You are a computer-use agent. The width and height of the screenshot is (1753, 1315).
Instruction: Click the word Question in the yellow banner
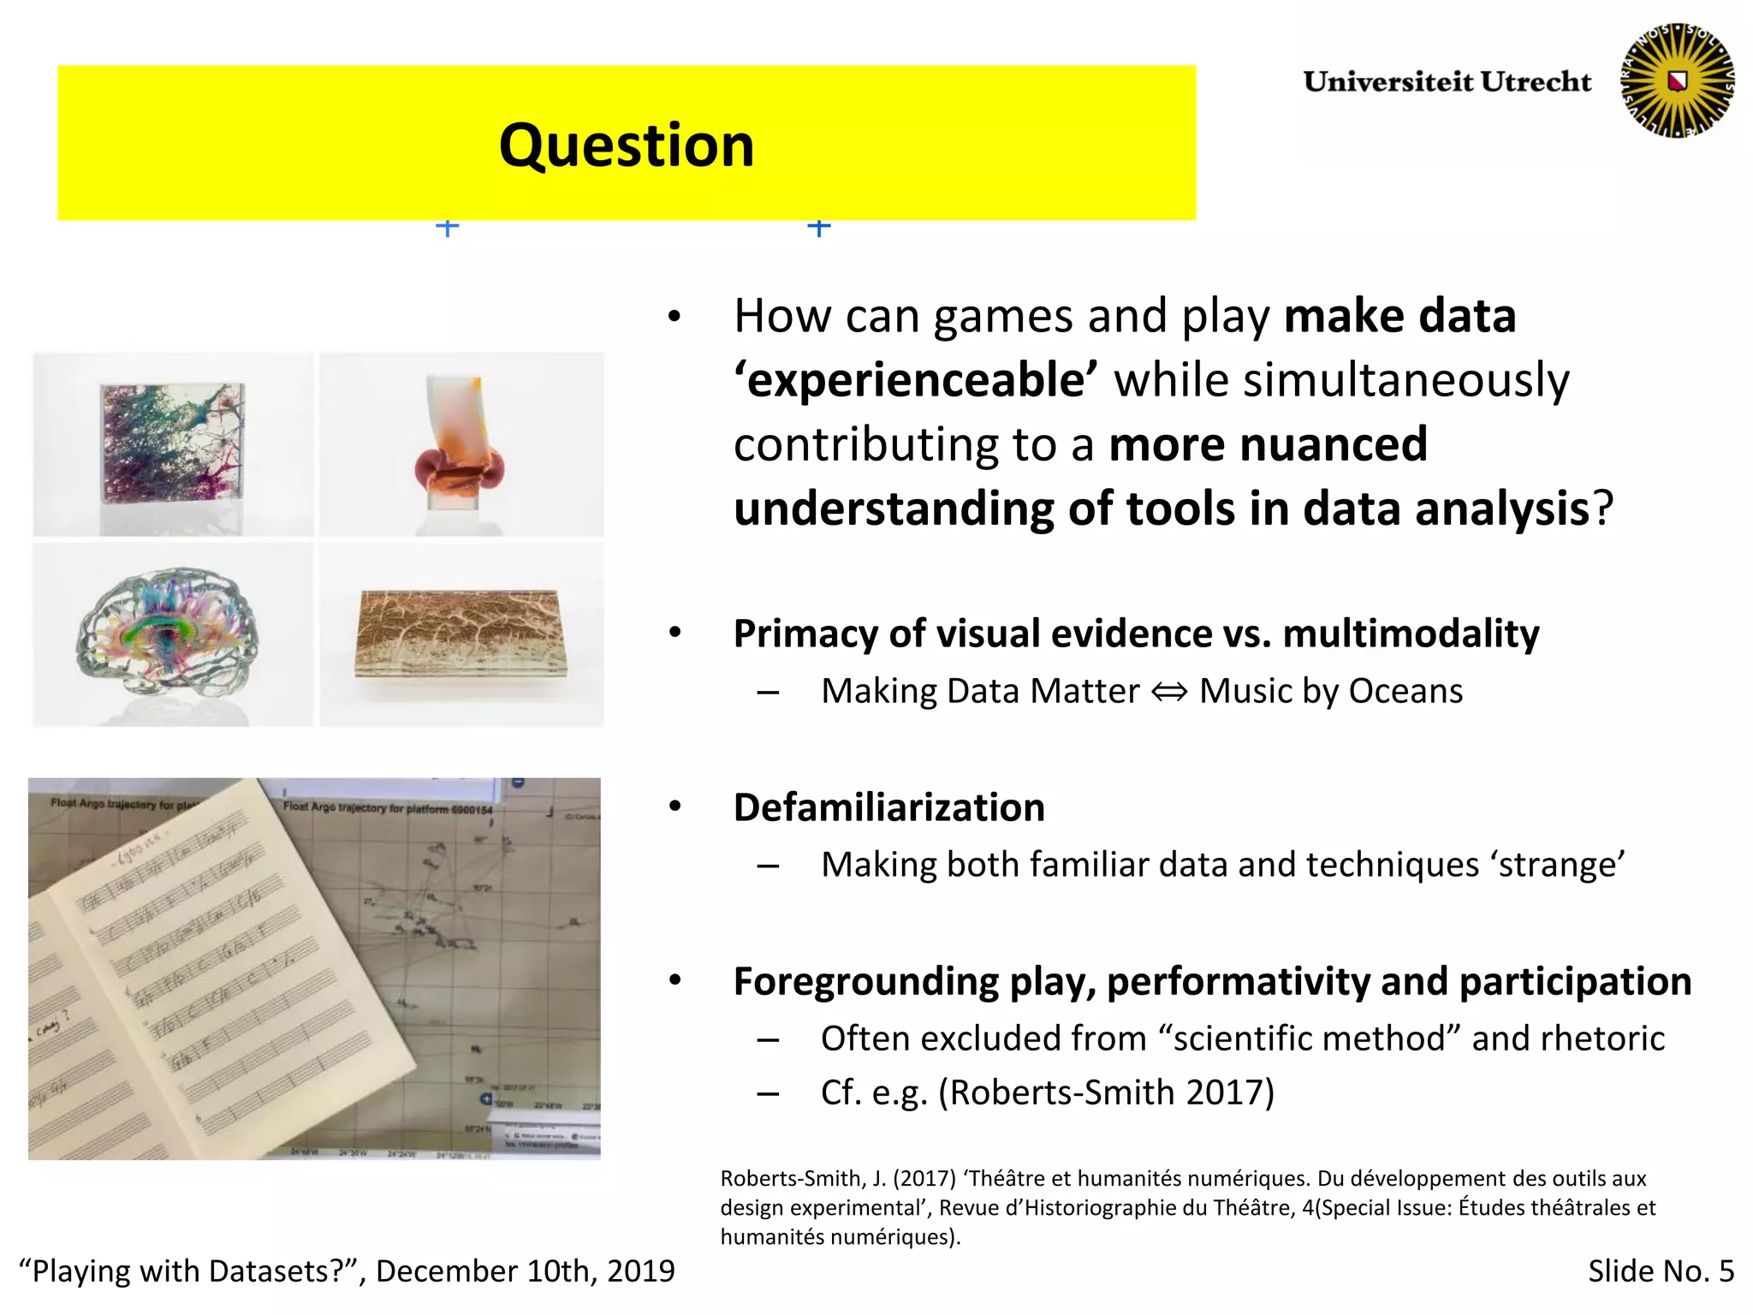point(627,146)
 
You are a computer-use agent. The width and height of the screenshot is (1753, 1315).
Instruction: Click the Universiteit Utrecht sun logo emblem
point(1677,80)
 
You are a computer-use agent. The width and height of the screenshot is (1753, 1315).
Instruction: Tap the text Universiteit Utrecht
point(1447,82)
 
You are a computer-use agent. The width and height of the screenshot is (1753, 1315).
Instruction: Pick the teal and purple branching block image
point(173,444)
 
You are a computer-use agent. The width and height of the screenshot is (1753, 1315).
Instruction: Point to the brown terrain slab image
point(461,634)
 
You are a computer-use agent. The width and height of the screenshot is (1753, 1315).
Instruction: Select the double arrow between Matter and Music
point(1169,692)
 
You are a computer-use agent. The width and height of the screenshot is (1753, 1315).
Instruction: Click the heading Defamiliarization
point(888,807)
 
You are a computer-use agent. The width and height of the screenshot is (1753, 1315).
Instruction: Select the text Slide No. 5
point(1660,1271)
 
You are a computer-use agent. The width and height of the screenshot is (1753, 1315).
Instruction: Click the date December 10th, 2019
point(525,1271)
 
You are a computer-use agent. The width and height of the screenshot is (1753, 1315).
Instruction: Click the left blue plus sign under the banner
point(447,227)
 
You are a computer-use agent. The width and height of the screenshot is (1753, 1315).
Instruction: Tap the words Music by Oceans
point(1330,692)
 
